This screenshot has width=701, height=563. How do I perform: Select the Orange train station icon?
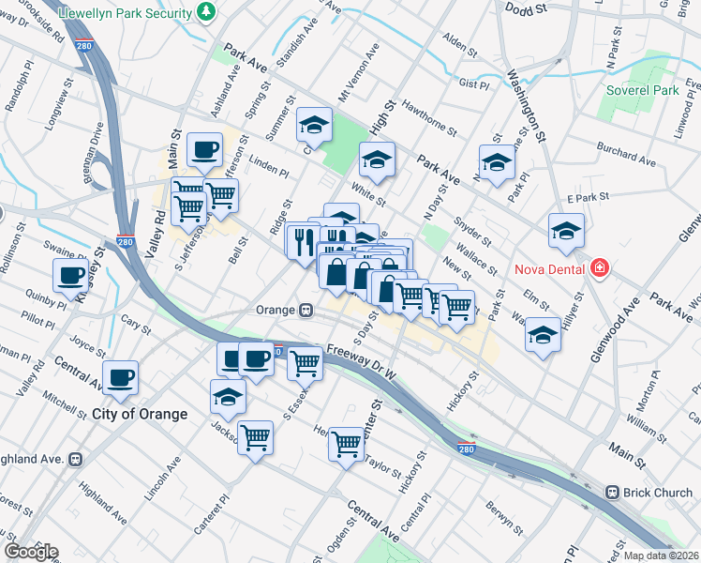point(306,310)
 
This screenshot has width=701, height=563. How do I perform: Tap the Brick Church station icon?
point(612,492)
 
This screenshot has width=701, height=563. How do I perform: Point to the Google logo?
point(30,552)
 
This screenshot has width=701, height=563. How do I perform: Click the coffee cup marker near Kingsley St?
point(72,276)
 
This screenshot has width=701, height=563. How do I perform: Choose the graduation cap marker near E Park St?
point(566,231)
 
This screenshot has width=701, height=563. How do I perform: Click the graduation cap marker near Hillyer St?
point(543,334)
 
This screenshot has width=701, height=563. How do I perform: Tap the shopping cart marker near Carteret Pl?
point(256,436)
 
